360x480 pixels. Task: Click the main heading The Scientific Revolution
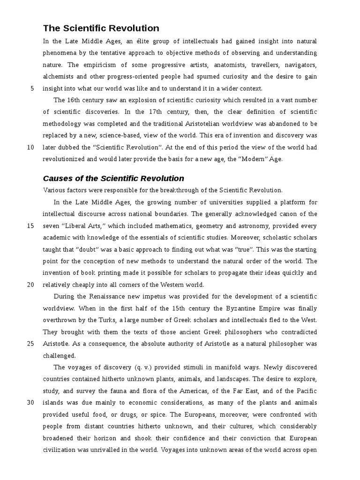(x=101, y=28)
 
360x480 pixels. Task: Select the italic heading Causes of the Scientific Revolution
(x=113, y=178)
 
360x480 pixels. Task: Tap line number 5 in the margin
(x=32, y=88)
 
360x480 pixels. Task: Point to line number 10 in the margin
(x=30, y=147)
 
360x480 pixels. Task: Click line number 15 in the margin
(x=30, y=225)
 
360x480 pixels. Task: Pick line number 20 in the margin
(x=30, y=285)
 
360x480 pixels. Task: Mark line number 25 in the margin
(x=30, y=343)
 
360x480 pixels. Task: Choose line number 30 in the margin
(x=30, y=403)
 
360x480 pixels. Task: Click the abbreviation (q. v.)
(x=150, y=367)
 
